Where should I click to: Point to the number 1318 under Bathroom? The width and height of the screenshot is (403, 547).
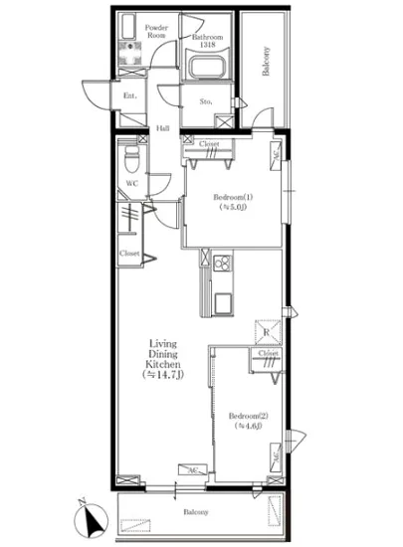point(206,46)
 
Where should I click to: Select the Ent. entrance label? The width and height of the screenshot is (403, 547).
point(129,95)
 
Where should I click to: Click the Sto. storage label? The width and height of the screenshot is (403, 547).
point(207,100)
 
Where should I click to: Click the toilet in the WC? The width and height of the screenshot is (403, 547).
point(128,156)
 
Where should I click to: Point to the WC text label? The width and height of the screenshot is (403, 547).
point(130,183)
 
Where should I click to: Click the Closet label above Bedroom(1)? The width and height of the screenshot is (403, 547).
point(209,145)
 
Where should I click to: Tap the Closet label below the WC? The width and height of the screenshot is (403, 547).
point(128,254)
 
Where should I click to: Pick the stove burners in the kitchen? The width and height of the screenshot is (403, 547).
point(221,264)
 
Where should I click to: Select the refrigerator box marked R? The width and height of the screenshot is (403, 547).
point(267,332)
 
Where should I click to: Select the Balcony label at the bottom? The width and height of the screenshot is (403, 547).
point(195,512)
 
